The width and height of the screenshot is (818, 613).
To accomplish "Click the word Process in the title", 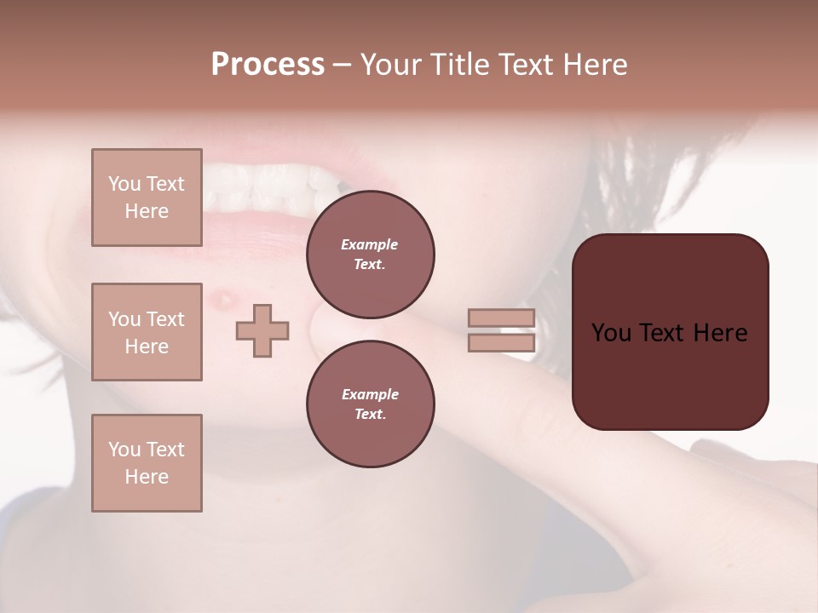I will coord(268,65).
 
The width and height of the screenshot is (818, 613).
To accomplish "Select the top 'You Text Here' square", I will coord(147,198).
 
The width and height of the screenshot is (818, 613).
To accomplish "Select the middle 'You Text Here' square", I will coord(147,332).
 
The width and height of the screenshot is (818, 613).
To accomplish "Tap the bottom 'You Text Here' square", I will coord(147,462).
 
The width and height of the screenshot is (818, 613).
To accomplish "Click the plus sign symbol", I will coord(262,330).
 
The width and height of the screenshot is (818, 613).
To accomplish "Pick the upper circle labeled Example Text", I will coord(370,255).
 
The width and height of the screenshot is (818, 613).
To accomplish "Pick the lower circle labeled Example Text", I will coord(370,404).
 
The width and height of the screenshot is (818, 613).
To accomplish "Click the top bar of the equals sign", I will coord(502,318).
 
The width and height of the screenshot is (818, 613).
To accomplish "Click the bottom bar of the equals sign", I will coord(502,343).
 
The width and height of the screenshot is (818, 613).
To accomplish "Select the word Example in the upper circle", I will coord(370,244).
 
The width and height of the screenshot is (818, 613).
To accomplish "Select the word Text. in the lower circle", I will coord(370,415).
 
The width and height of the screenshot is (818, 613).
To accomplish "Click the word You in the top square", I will coord(124,184).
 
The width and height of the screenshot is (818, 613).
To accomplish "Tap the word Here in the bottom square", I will coord(147,477).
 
